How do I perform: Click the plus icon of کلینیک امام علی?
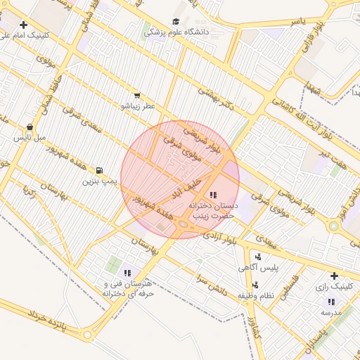[x=23, y=25]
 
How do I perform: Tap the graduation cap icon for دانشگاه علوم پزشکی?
[x=176, y=21]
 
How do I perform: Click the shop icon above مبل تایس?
[x=30, y=127]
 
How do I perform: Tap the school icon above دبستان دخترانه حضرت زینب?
[x=213, y=194]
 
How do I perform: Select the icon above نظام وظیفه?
[x=255, y=285]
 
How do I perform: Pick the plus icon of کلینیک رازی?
[x=333, y=276]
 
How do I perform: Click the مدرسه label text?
[x=331, y=311]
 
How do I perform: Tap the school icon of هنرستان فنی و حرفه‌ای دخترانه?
[x=127, y=273]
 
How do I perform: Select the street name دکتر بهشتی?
[x=214, y=97]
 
